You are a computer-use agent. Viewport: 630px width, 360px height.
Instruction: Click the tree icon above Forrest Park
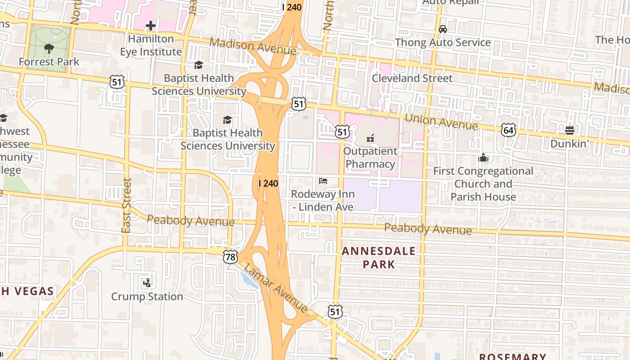(49, 48)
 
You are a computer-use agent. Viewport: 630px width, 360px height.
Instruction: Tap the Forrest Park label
(49, 62)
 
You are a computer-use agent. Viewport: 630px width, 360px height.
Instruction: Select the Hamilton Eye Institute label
(151, 45)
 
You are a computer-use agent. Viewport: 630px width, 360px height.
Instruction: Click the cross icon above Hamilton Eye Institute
(151, 26)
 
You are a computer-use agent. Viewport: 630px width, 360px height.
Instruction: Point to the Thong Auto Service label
(443, 42)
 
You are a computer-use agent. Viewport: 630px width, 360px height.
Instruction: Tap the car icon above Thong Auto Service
(443, 29)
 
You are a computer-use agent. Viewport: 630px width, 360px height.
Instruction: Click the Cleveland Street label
(412, 78)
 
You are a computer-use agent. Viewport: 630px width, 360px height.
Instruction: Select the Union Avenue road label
(441, 121)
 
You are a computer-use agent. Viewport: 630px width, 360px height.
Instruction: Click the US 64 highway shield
(508, 130)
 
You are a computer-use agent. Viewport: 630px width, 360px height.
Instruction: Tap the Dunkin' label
(570, 144)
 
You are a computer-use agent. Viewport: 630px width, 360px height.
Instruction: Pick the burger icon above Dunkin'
(570, 130)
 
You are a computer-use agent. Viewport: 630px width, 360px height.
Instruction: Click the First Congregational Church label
(483, 184)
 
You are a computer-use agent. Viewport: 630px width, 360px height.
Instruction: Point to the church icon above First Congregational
(483, 158)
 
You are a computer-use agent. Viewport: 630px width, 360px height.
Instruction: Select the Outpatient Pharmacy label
(370, 157)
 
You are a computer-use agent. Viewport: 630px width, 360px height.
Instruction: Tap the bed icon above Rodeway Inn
(323, 181)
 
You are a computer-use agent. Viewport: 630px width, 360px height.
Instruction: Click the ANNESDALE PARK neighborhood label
(378, 257)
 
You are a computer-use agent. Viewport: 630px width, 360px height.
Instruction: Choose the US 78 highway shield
(230, 257)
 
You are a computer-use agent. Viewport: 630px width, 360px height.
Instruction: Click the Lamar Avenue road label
(275, 288)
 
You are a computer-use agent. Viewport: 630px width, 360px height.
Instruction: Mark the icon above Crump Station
(147, 283)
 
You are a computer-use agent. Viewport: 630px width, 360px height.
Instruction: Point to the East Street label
(126, 205)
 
